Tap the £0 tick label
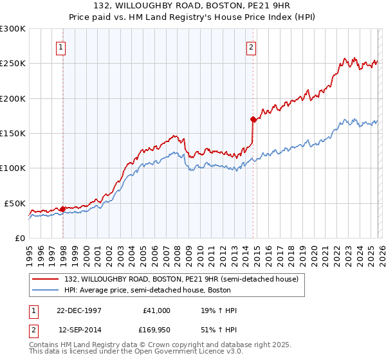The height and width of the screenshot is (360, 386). coord(19,238)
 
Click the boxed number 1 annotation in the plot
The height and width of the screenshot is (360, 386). coord(60,46)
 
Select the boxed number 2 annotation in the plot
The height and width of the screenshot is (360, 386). coord(251,46)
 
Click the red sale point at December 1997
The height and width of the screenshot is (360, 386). coord(62,209)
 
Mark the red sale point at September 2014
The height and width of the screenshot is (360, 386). coord(253,119)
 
